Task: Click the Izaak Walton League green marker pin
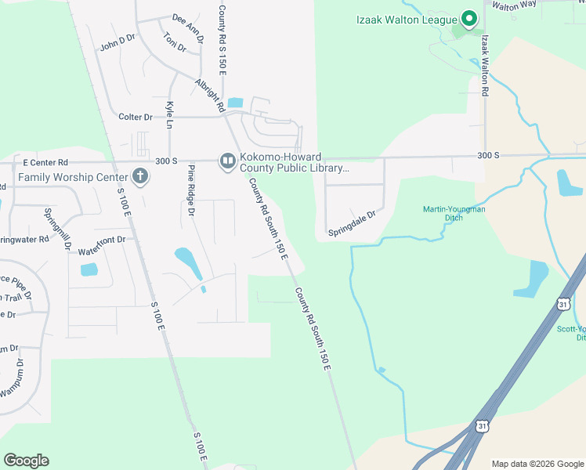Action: coord(469,17)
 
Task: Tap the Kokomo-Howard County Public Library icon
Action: coord(227,161)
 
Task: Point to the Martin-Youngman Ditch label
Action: coord(454,213)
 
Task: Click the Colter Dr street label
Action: coord(136,117)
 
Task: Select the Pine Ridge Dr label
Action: coord(190,190)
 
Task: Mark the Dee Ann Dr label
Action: coord(189,26)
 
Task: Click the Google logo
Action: coord(27,461)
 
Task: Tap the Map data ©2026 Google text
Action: coord(537,464)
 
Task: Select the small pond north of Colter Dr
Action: coord(235,103)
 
